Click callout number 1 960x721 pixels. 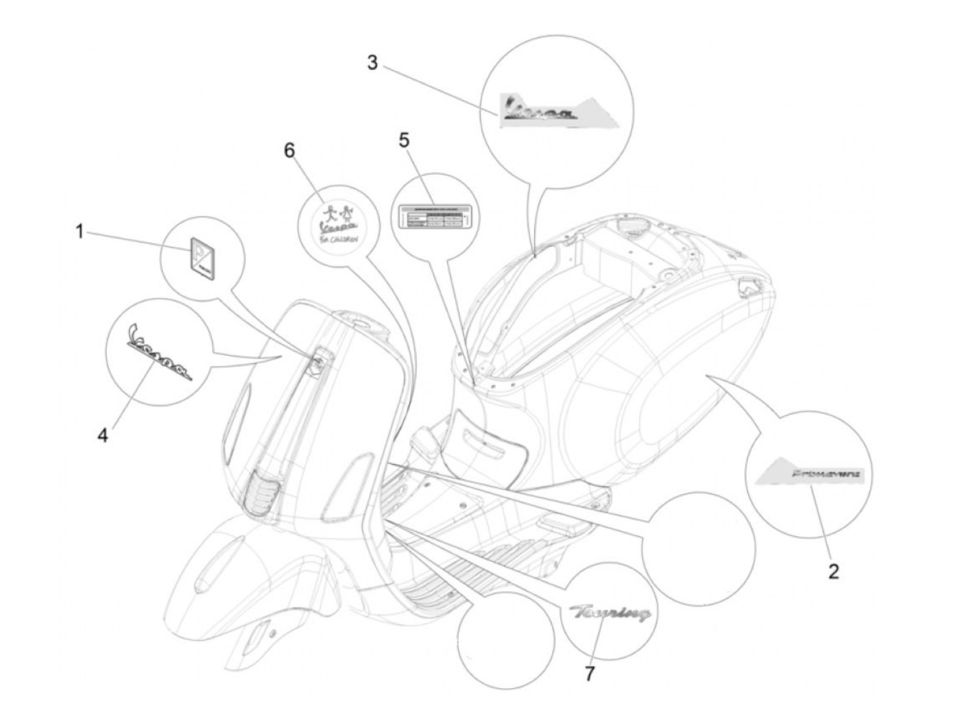[80, 232]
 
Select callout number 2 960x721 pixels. [833, 570]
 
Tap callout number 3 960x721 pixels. [372, 63]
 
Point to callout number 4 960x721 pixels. [102, 435]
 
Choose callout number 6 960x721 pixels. [289, 150]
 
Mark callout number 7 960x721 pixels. [590, 674]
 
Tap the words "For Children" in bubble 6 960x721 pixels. [337, 239]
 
